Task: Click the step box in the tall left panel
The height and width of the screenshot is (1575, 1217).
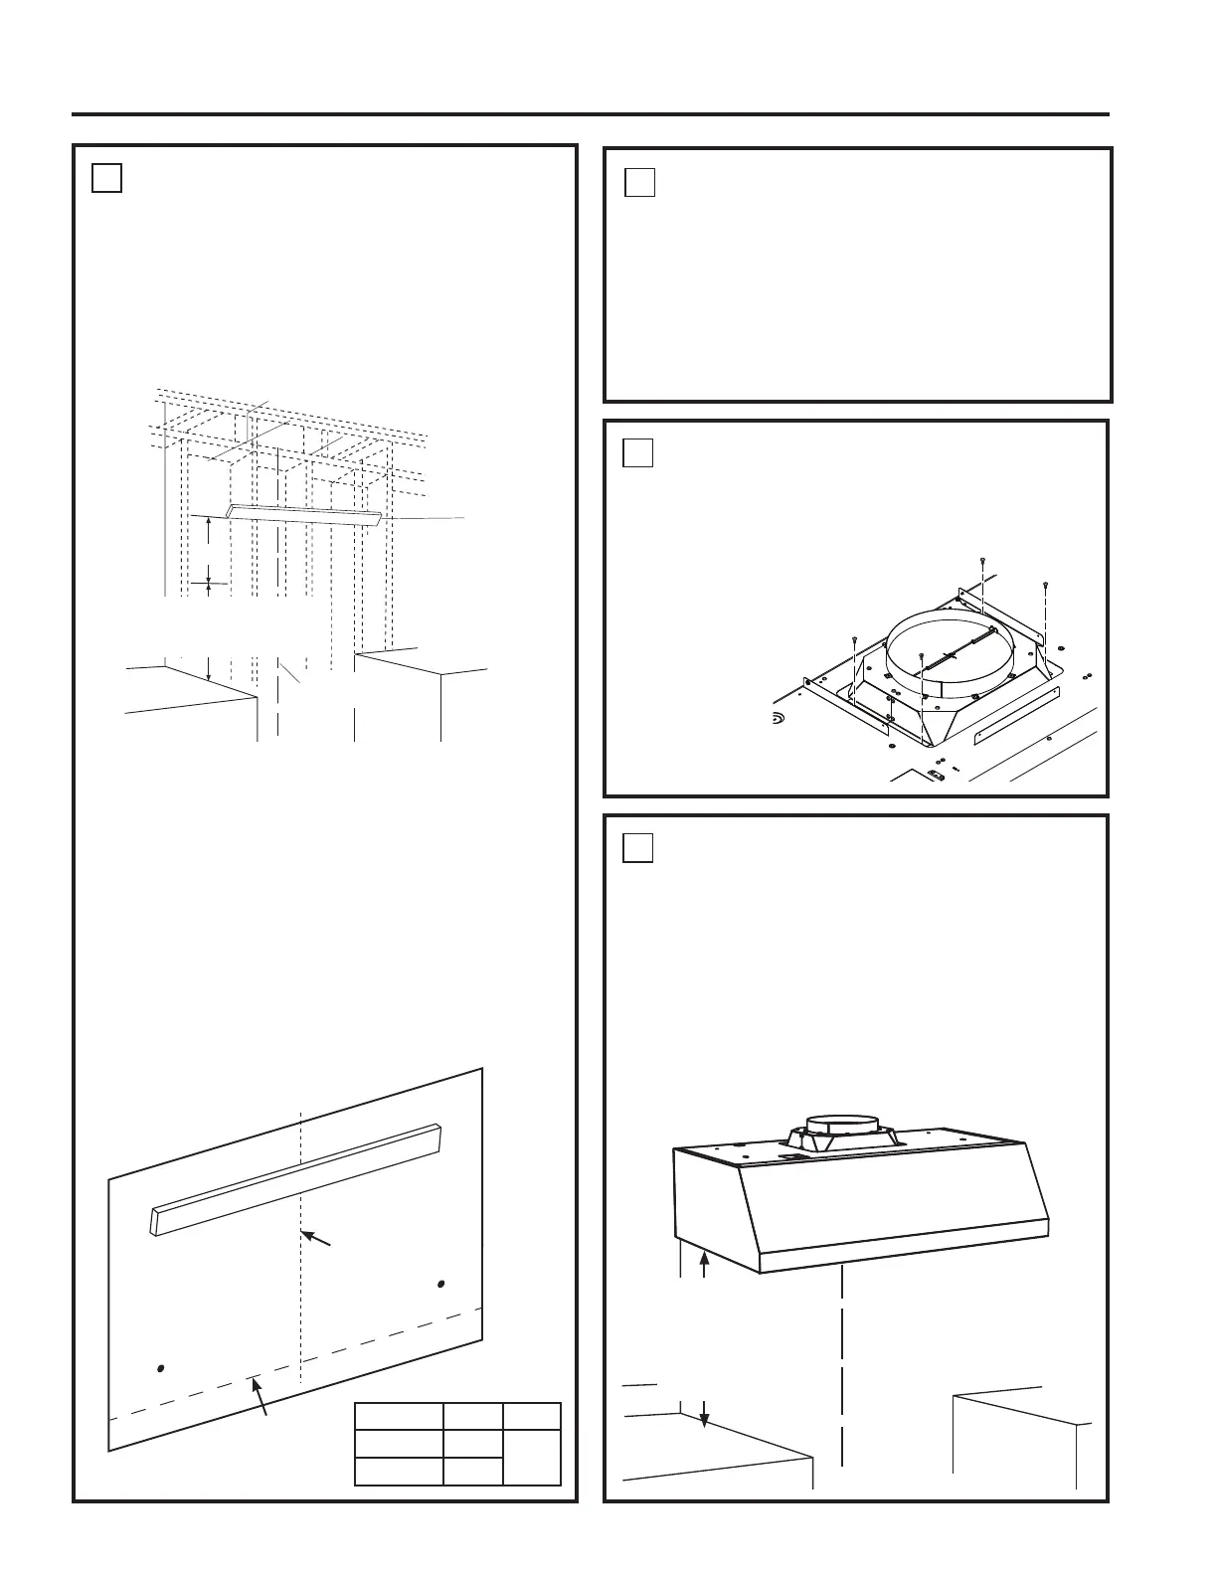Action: point(107,177)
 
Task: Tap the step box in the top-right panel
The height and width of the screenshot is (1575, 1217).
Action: point(640,183)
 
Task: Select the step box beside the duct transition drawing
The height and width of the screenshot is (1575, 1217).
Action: point(638,452)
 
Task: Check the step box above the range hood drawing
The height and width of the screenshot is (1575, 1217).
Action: point(638,847)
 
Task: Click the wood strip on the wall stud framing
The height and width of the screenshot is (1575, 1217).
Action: point(304,516)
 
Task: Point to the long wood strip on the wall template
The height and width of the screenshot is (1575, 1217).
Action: point(295,1179)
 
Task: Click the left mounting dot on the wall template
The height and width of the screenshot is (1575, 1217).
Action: point(161,1369)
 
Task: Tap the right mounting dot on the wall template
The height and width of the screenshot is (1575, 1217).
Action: point(440,1284)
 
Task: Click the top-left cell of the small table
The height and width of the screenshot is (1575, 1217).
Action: point(399,1417)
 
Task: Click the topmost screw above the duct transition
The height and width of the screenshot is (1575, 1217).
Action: point(982,562)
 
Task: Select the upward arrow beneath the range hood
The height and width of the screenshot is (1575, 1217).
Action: point(705,1266)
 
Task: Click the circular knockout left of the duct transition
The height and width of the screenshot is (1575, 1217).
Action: point(780,717)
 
